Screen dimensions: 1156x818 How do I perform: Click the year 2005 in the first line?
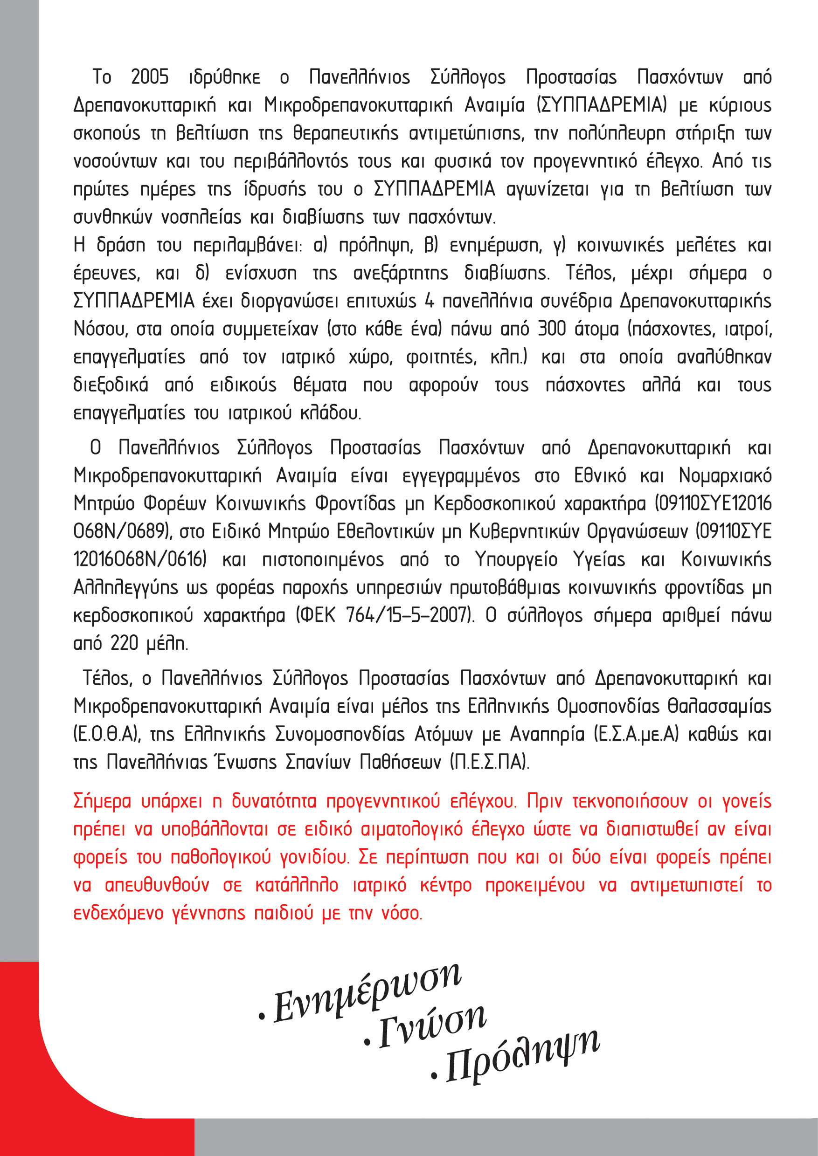coord(150,77)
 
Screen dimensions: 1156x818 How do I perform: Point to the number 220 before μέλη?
coord(124,643)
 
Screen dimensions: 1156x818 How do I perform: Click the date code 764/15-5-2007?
coord(409,615)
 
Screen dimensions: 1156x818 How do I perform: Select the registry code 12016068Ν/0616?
coord(140,559)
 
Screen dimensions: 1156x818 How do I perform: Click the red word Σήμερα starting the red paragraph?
coord(102,801)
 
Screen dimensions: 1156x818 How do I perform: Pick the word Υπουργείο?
coord(516,559)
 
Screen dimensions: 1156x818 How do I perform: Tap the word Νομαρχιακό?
coord(725,475)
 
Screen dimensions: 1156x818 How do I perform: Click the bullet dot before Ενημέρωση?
coord(262,1017)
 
